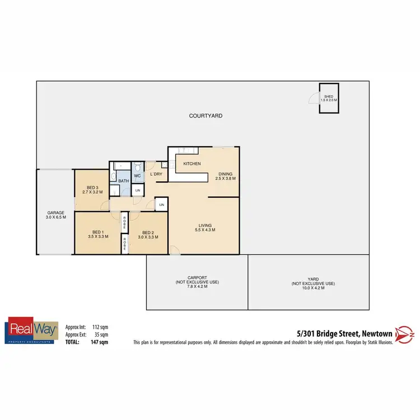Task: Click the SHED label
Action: pyautogui.click(x=329, y=97)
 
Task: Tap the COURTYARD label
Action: pyautogui.click(x=206, y=116)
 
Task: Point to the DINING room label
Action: pyautogui.click(x=226, y=174)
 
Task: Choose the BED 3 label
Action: pyautogui.click(x=92, y=187)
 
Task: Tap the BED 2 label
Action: pyautogui.click(x=148, y=232)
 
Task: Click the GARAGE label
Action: pyautogui.click(x=56, y=213)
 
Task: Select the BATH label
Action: pyautogui.click(x=124, y=181)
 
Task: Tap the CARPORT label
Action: pyautogui.click(x=197, y=277)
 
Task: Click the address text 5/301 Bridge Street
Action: pyautogui.click(x=329, y=333)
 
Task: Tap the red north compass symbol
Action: pyautogui.click(x=404, y=334)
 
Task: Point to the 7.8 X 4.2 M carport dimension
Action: pyautogui.click(x=197, y=287)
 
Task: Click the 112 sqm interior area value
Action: pyautogui.click(x=100, y=326)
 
